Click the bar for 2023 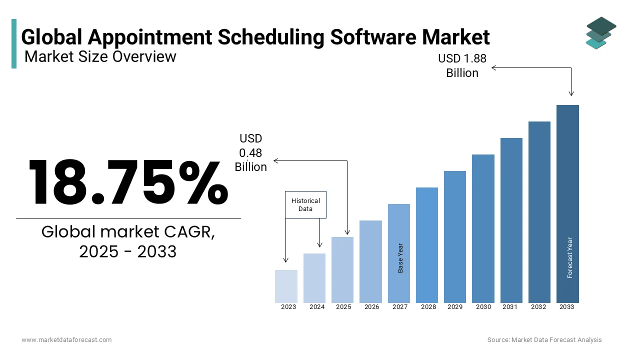(x=286, y=286)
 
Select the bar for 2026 (x=370, y=261)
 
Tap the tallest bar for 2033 (x=567, y=203)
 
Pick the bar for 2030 (x=483, y=228)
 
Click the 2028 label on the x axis (x=428, y=307)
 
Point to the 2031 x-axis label (x=510, y=307)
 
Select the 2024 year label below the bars (x=317, y=307)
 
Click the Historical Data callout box (x=305, y=204)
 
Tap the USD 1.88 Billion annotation (x=462, y=65)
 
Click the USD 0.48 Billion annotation (x=250, y=152)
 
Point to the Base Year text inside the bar (x=400, y=258)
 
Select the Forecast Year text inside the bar (x=569, y=257)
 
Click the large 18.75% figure (x=128, y=182)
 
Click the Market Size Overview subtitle (x=100, y=56)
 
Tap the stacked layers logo (x=601, y=33)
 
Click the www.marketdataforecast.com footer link (x=66, y=340)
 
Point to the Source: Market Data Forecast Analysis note (x=544, y=340)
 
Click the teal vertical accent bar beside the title (x=14, y=43)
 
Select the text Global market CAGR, (x=128, y=232)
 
